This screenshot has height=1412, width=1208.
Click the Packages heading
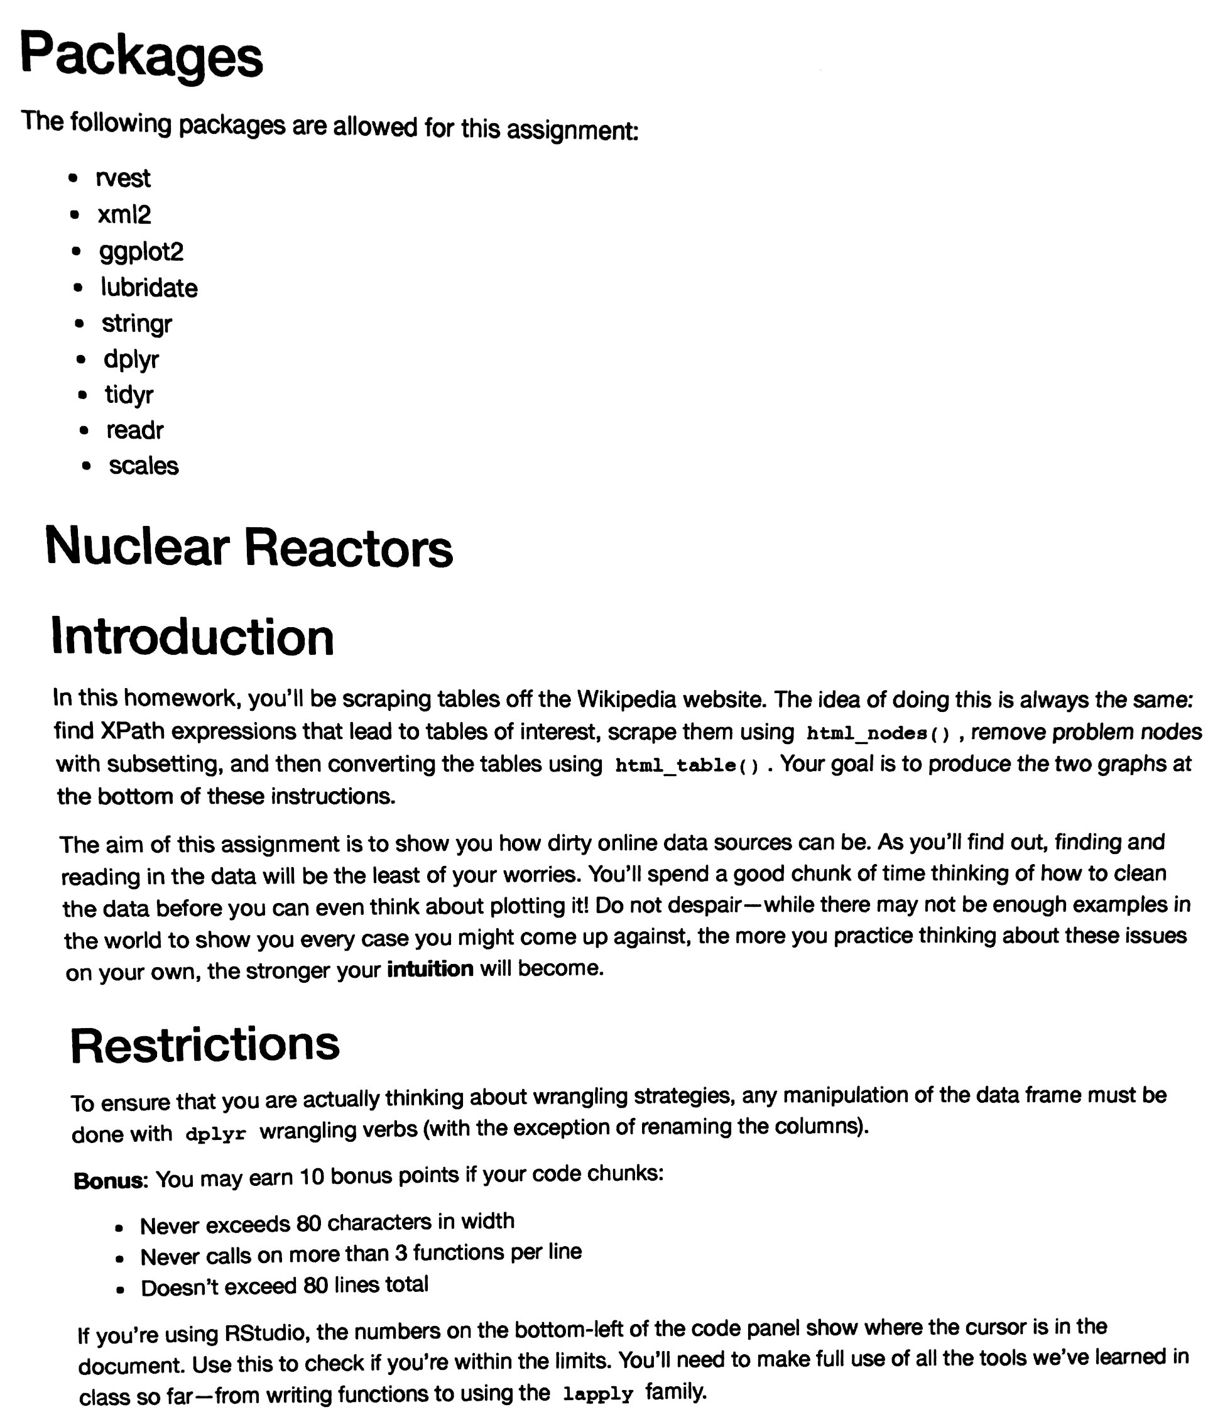point(141,56)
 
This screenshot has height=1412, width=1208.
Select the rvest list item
point(122,178)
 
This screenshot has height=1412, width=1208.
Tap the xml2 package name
point(124,216)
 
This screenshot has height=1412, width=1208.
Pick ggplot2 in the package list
point(141,252)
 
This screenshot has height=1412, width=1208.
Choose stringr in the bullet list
point(136,324)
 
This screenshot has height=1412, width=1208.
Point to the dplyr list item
point(131,359)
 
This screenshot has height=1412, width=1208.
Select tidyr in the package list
point(129,395)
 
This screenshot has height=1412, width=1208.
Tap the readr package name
point(135,430)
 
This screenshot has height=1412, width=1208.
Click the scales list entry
point(143,466)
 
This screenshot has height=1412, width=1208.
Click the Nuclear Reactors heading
point(249,547)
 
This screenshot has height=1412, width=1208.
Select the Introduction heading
point(192,637)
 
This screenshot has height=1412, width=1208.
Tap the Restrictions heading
point(204,1044)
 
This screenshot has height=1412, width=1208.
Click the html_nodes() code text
point(878,733)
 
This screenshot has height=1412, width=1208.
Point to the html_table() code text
point(686,765)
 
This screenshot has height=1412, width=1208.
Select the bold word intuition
point(430,968)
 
